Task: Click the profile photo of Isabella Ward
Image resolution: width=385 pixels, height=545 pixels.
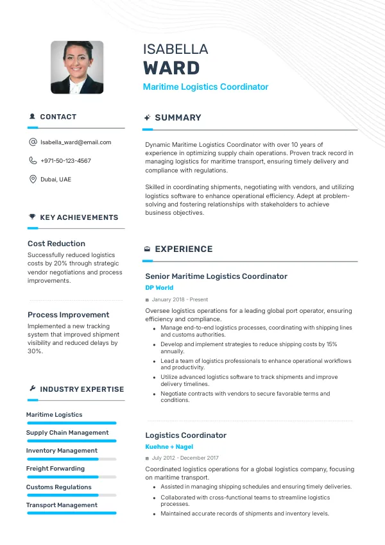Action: [77, 67]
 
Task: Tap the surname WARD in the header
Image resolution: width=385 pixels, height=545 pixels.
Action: [171, 68]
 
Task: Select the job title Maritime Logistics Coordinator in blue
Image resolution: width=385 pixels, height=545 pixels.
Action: [205, 87]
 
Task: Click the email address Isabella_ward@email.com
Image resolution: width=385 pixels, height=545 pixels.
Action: [76, 142]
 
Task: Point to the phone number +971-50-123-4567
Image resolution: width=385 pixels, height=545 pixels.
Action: [65, 161]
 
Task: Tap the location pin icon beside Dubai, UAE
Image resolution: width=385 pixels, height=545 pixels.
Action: [33, 180]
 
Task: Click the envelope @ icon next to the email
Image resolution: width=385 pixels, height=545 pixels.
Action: [33, 142]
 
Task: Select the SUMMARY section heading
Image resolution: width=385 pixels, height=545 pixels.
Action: [178, 118]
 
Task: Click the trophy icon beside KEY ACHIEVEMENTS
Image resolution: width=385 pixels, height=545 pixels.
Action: [32, 217]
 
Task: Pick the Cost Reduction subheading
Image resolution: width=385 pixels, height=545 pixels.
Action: [56, 244]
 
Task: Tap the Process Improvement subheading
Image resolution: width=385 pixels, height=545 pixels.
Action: [69, 315]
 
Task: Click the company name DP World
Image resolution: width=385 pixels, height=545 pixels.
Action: [159, 288]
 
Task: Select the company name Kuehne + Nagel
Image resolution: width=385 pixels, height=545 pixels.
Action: [169, 447]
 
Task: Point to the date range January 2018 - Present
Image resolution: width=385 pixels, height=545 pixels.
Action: [180, 299]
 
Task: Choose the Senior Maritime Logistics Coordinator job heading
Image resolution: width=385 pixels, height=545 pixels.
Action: [216, 276]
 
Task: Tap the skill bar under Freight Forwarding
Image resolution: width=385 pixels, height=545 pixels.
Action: [71, 477]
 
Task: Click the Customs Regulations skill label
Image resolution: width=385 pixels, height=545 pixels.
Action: [59, 487]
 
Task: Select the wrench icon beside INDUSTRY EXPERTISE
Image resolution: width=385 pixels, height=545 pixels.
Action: [32, 389]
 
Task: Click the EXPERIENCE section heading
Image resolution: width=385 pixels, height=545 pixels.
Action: [184, 249]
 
